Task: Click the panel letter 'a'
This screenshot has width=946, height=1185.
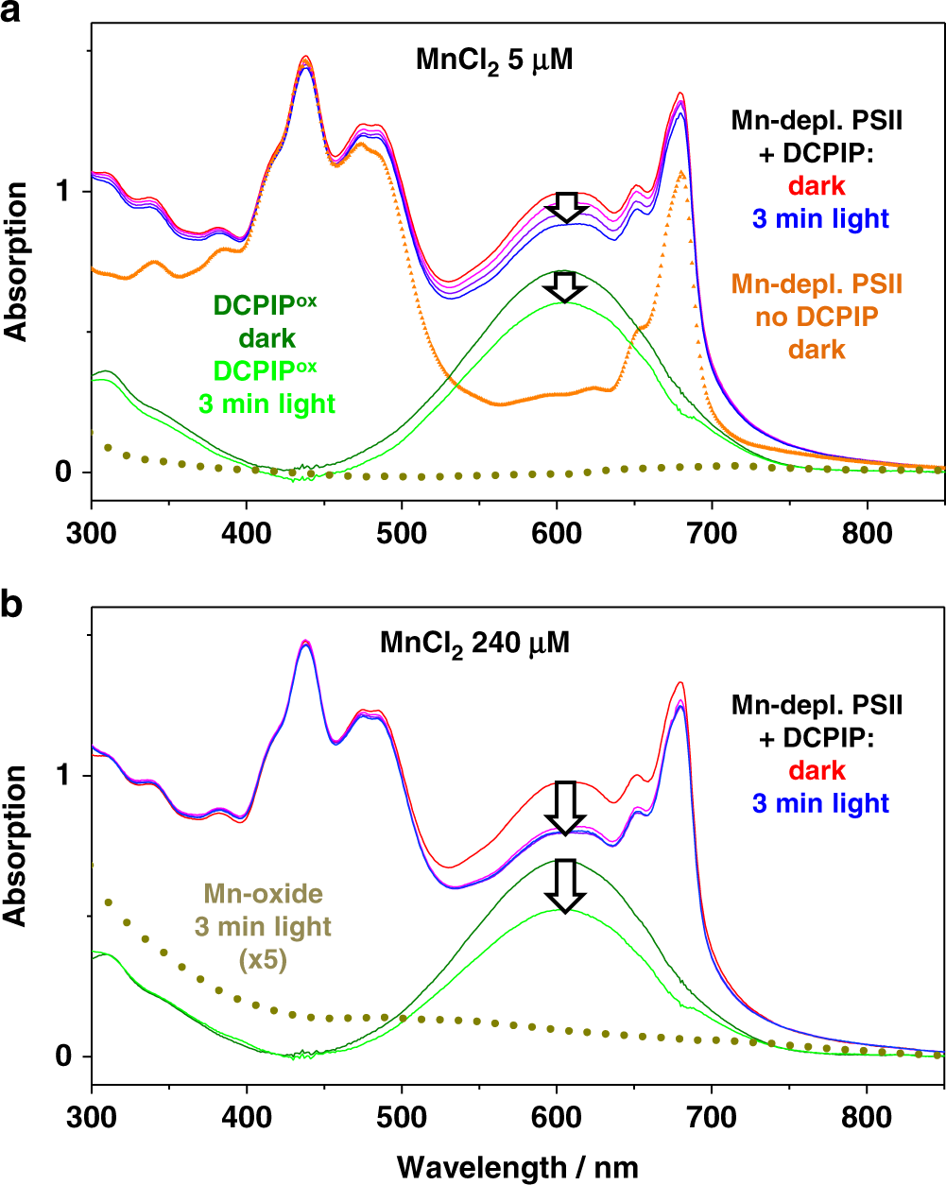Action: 13,15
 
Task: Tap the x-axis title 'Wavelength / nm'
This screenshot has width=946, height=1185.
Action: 517,1166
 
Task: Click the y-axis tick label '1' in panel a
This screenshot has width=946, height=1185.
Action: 65,192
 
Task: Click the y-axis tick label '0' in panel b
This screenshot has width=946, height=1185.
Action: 65,1056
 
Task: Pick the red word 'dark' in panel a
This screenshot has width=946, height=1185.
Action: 817,184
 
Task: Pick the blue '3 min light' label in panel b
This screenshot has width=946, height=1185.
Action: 820,803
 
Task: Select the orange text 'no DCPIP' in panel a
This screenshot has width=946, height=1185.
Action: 817,317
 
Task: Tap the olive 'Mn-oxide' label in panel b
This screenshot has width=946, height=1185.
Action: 263,893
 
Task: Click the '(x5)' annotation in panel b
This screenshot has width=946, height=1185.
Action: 263,960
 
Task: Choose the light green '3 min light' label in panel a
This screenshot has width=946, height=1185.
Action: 267,404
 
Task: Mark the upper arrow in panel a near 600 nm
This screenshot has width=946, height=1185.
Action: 566,207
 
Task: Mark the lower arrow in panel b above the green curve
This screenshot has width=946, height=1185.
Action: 565,885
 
